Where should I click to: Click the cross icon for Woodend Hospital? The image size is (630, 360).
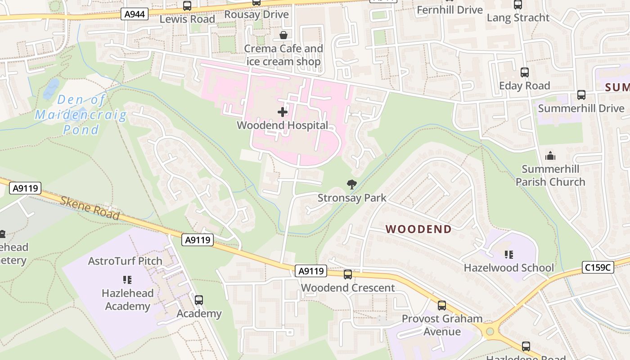coord(283,112)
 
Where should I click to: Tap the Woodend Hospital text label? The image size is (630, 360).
coord(283,126)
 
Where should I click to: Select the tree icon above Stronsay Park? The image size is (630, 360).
coord(351,184)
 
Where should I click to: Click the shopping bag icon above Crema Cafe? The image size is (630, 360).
coord(283,35)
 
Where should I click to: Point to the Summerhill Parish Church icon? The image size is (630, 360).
coord(550,156)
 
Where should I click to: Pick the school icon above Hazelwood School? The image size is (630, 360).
coord(509,255)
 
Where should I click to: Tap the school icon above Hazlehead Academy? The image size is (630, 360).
coord(127,280)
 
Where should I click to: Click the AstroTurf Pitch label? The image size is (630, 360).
coord(125,261)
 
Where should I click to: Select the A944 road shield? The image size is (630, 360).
coord(135,14)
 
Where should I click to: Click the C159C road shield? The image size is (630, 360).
coord(598,267)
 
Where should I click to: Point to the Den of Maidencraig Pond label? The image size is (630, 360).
coord(81,115)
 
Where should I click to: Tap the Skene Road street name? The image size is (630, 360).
coord(90,208)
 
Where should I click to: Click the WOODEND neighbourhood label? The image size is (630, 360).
coord(418,229)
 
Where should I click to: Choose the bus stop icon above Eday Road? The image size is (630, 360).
coord(524,72)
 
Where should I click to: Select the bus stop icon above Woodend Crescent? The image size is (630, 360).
coord(348,274)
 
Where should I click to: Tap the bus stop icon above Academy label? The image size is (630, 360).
coord(199,300)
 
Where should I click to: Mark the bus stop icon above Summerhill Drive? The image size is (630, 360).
coord(581,95)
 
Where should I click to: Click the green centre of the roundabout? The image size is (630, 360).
coord(490,332)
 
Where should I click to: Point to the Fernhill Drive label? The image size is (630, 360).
coord(450,10)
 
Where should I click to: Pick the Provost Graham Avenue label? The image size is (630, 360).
coord(442,325)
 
